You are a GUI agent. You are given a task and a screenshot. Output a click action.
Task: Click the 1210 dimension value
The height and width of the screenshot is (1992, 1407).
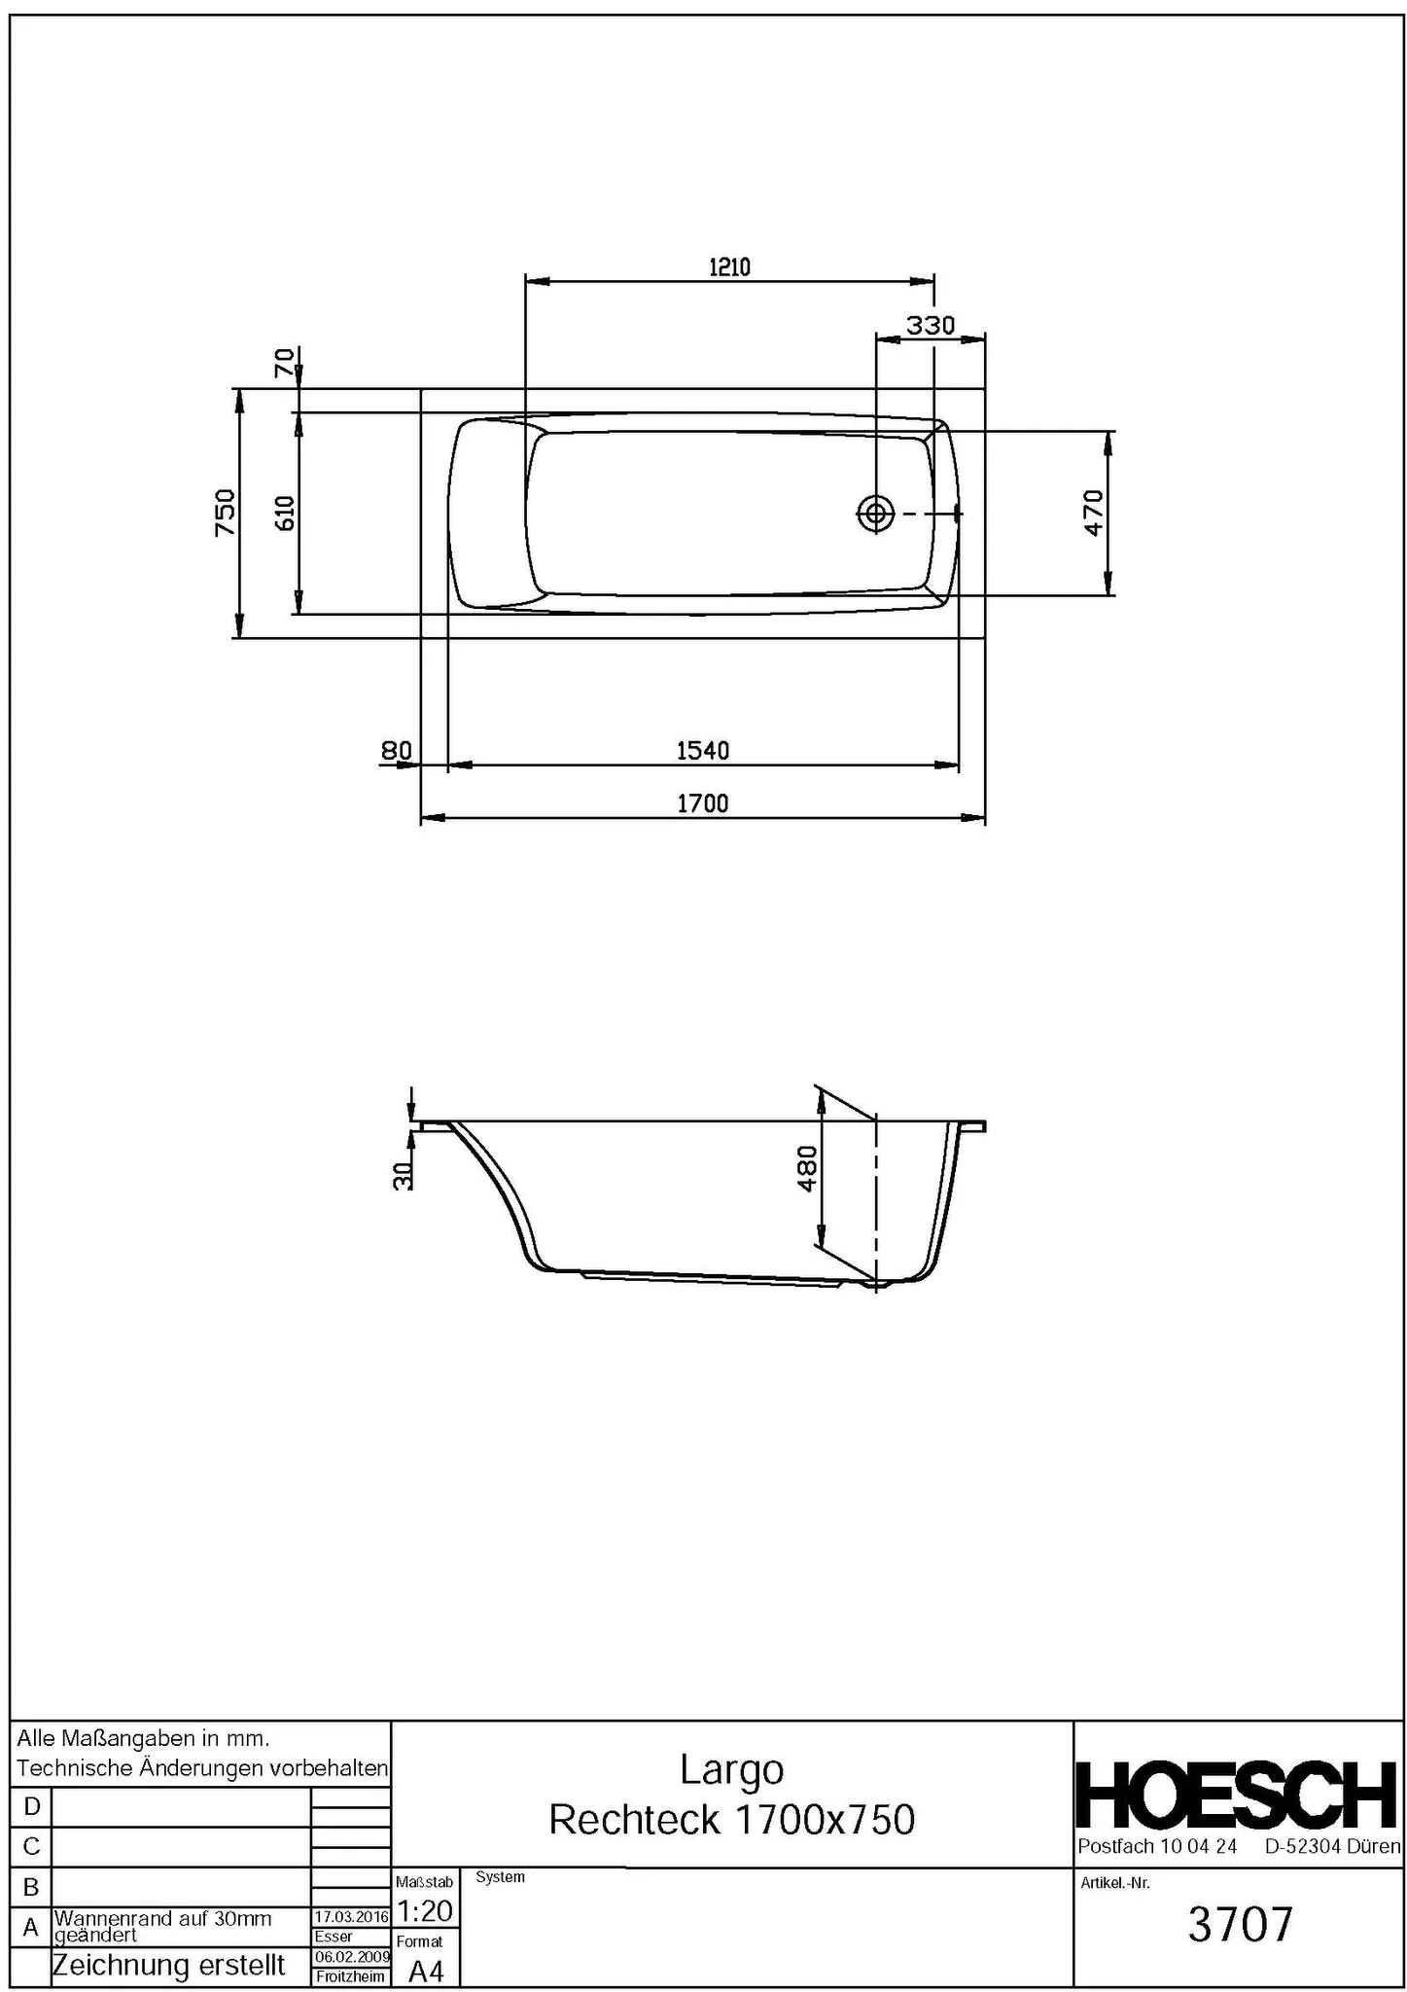click(x=729, y=267)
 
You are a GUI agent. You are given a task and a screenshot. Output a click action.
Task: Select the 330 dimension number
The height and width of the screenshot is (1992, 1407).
click(x=931, y=325)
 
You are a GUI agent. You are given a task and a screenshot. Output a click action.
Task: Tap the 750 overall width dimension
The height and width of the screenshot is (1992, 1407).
click(x=225, y=513)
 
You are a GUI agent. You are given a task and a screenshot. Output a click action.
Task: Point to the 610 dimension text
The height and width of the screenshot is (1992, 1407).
click(x=285, y=513)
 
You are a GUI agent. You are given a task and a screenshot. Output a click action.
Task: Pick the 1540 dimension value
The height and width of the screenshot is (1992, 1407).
click(x=702, y=750)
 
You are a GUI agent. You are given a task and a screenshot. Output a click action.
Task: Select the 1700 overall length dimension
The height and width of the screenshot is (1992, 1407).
click(x=702, y=803)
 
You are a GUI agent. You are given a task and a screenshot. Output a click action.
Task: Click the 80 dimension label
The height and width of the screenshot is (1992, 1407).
click(x=396, y=750)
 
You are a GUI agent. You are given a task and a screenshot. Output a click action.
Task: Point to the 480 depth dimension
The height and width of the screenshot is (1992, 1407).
click(x=807, y=1168)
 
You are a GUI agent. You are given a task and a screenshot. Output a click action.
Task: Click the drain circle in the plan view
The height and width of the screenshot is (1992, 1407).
click(x=875, y=513)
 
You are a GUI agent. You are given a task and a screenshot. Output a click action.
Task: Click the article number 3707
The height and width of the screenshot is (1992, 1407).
click(x=1240, y=1924)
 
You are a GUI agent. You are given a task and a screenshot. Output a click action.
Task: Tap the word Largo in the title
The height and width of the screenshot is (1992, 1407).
click(x=731, y=1769)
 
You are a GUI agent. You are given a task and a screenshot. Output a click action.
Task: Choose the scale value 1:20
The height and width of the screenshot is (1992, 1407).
click(x=426, y=1911)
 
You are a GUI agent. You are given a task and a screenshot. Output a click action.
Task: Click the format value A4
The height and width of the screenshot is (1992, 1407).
click(x=426, y=1971)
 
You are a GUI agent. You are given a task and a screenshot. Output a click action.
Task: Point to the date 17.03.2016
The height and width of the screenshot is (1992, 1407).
click(x=351, y=1917)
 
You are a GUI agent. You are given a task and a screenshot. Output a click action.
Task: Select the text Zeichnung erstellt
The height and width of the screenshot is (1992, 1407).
click(x=168, y=1965)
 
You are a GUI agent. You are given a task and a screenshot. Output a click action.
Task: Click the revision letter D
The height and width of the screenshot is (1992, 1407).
click(x=31, y=1806)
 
